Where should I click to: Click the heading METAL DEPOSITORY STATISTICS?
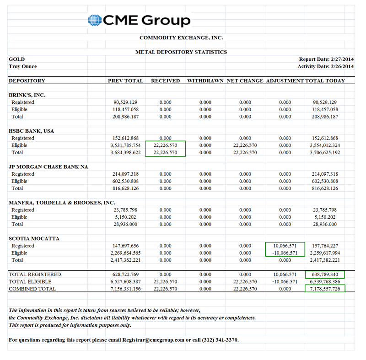(181, 52)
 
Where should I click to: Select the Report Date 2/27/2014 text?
(326, 59)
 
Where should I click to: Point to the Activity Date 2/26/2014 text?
(326, 67)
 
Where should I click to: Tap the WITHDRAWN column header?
(205, 81)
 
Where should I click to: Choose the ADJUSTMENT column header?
(285, 81)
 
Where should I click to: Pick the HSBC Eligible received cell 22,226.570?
(165, 145)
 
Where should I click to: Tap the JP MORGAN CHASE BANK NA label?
(48, 167)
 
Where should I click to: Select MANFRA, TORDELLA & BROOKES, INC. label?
(62, 203)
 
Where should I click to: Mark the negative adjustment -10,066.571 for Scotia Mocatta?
(285, 253)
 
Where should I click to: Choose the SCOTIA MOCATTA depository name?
(34, 239)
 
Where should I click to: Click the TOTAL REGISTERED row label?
(35, 274)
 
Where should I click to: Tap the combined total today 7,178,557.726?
(325, 289)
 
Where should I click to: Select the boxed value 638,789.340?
(325, 274)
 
